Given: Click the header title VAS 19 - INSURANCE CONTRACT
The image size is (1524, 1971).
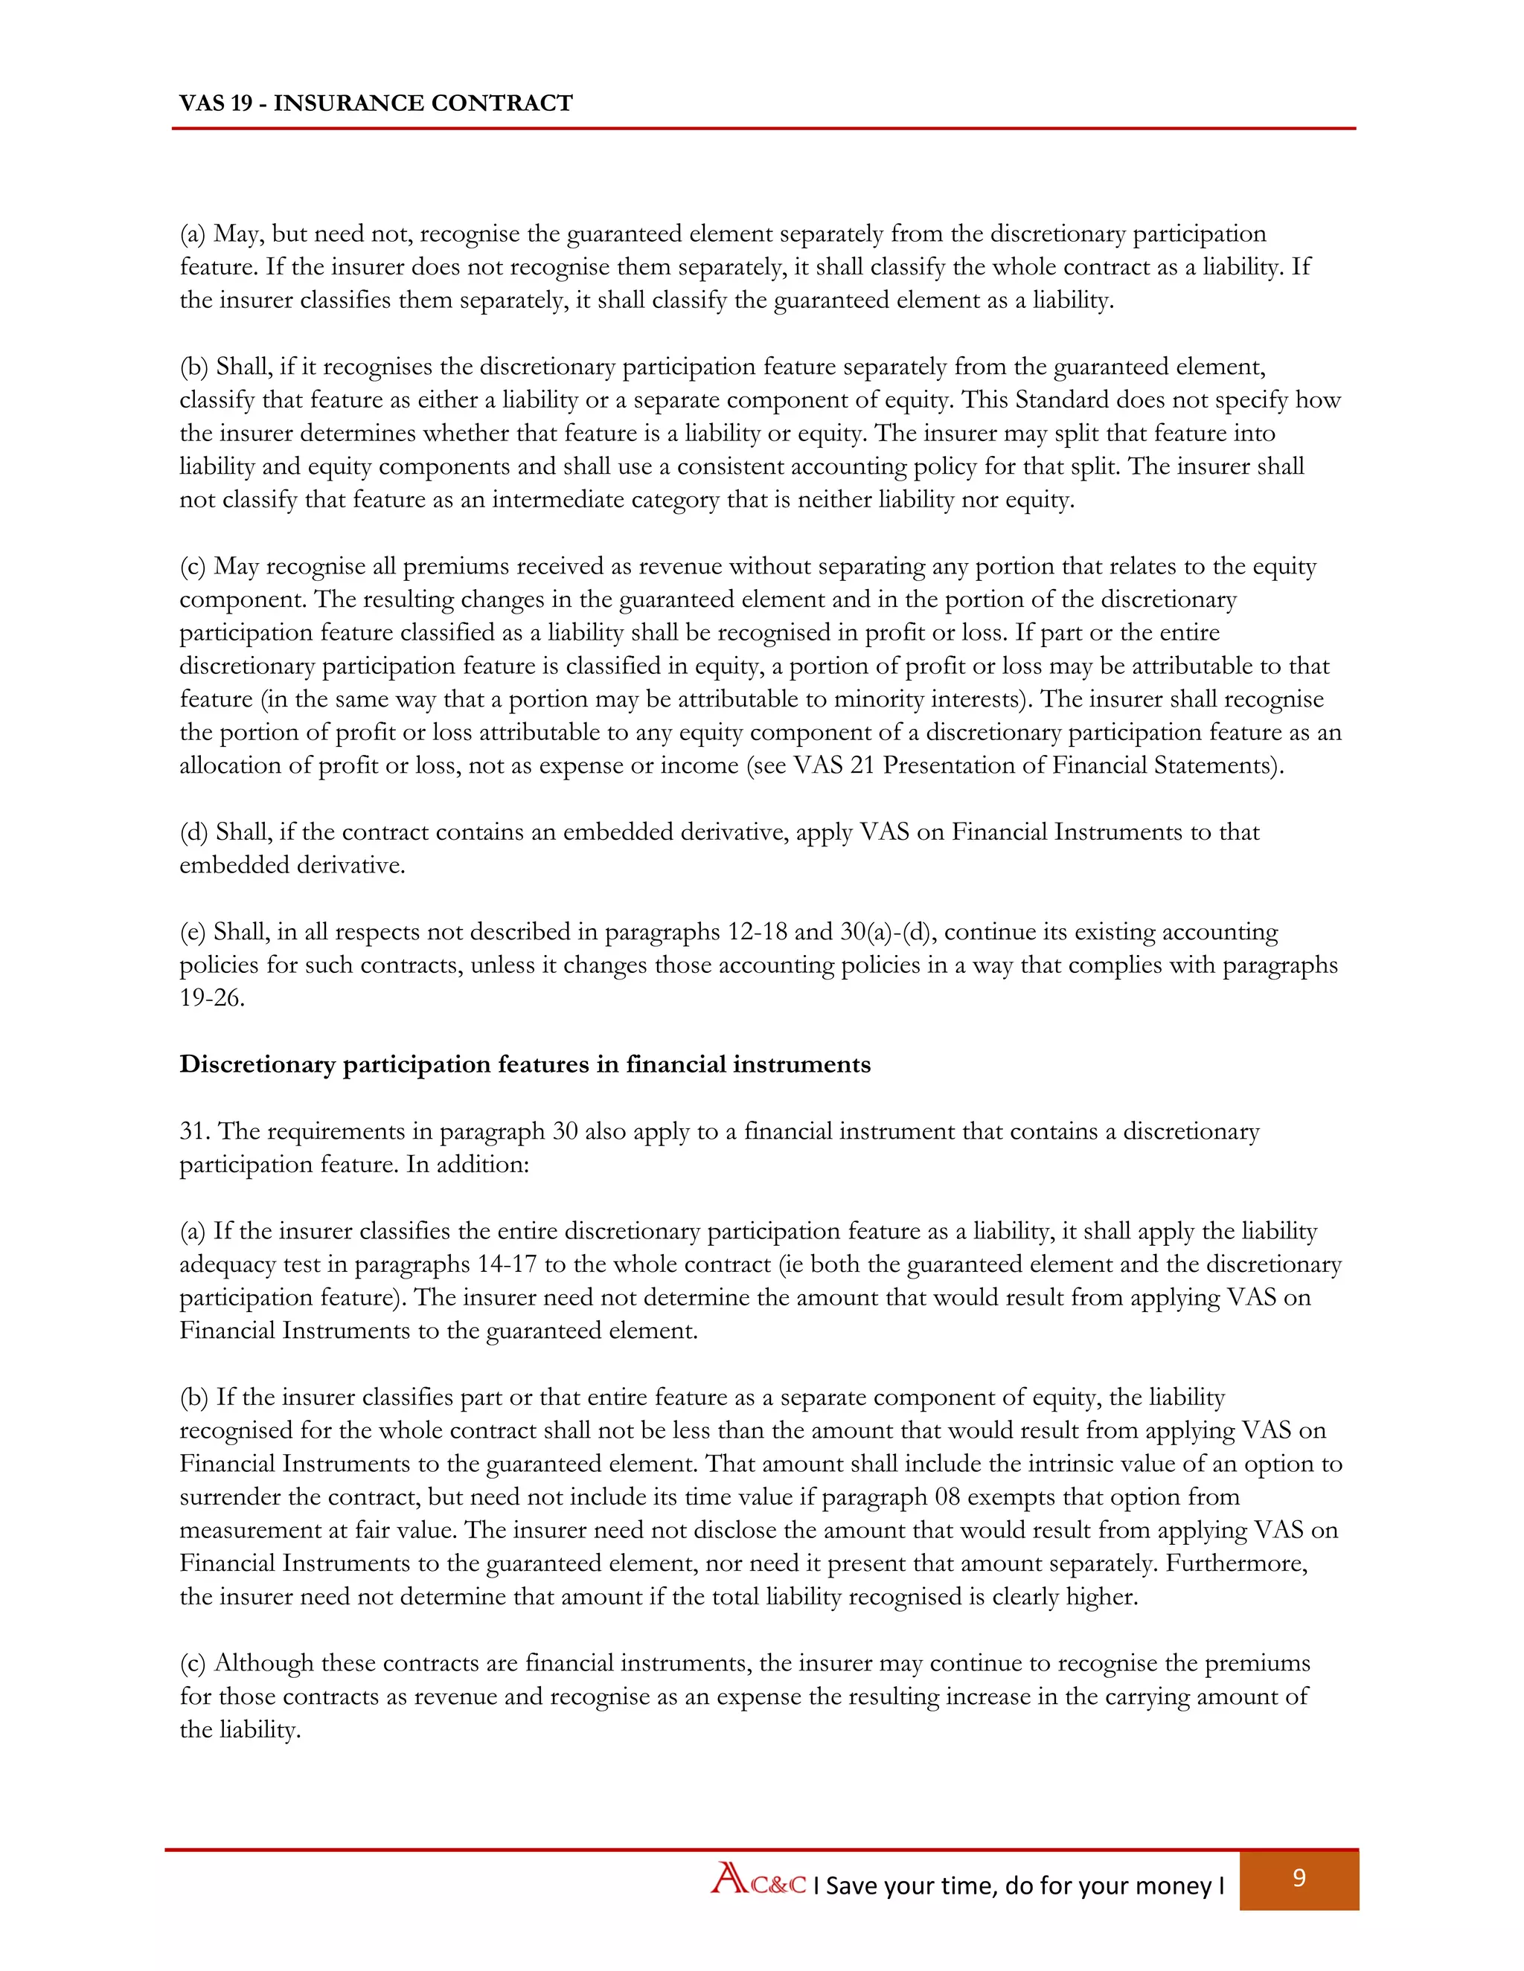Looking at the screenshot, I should (x=376, y=103).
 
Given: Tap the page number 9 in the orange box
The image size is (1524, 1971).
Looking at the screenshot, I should (x=1299, y=1878).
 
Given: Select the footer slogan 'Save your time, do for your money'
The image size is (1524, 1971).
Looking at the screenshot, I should (x=1019, y=1885).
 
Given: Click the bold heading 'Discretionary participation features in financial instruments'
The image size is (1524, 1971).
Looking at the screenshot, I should (x=525, y=1064).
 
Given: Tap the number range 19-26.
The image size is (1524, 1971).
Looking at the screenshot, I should (x=211, y=998).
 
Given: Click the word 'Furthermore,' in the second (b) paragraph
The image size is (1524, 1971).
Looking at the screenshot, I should (x=1236, y=1564).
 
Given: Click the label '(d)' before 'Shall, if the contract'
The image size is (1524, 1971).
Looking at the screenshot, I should (x=194, y=832).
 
